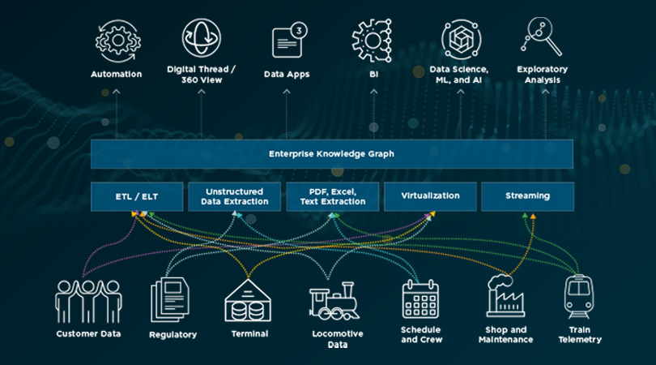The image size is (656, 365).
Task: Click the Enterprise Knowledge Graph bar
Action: coord(331,153)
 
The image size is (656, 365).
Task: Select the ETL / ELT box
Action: coord(136,196)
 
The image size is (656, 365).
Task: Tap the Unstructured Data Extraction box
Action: coord(234,196)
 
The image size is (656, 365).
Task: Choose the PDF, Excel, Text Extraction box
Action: coord(332,196)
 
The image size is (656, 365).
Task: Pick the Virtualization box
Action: coord(429,196)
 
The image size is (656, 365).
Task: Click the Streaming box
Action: coord(527,196)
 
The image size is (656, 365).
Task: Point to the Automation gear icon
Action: coord(116,39)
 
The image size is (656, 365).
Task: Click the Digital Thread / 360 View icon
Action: coord(201,37)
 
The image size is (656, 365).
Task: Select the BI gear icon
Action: coord(373,39)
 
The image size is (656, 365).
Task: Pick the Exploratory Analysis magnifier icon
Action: coord(543,37)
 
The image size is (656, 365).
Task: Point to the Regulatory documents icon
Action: coord(168,301)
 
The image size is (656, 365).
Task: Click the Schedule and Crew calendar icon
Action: coord(420,299)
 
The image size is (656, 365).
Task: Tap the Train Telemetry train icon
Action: coord(580,298)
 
